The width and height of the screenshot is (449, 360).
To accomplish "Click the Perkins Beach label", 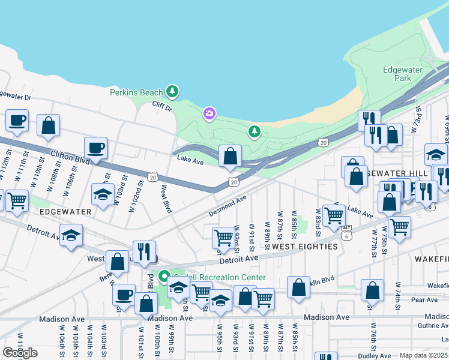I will (x=136, y=92).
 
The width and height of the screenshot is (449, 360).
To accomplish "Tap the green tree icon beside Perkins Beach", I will (x=173, y=92).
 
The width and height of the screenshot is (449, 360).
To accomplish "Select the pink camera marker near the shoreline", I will (x=209, y=113).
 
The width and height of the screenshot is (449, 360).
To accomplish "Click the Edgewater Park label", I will (x=403, y=74).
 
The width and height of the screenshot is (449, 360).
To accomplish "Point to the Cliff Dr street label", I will (x=161, y=108).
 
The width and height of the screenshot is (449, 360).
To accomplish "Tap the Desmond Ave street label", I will (x=228, y=205).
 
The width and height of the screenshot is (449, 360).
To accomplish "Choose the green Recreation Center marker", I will (x=164, y=277).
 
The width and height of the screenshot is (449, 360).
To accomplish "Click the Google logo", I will (x=20, y=352).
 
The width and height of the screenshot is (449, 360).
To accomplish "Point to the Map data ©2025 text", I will (x=424, y=355).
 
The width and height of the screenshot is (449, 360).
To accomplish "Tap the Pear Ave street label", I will (x=425, y=299).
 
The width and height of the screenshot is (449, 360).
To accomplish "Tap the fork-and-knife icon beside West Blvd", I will (x=144, y=251).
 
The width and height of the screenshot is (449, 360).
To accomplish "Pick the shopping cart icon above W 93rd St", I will (x=223, y=237).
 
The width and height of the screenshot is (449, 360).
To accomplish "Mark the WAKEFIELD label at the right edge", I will (x=432, y=258).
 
